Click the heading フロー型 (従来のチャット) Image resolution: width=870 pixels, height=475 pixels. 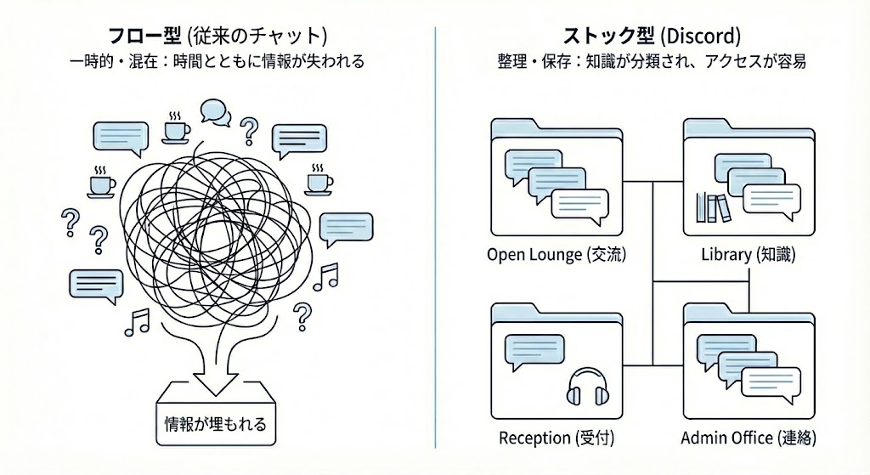click(x=217, y=37)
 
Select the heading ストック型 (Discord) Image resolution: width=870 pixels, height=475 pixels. click(x=652, y=37)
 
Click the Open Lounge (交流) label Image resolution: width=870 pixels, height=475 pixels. click(x=562, y=255)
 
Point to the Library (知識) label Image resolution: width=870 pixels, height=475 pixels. click(x=749, y=255)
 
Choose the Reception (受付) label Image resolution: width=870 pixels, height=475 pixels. click(x=556, y=438)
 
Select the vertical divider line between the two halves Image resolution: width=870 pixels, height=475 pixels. click(x=435, y=238)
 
